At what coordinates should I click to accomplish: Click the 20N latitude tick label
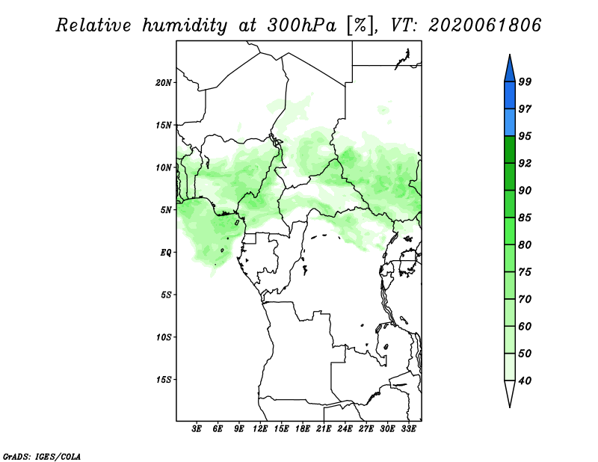164,83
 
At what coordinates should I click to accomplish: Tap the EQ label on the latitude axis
166,253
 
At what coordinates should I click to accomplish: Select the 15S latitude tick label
164,380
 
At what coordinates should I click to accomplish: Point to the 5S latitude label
166,295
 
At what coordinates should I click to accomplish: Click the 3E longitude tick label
197,429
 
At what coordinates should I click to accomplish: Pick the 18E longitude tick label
303,429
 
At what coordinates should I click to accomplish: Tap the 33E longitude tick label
408,429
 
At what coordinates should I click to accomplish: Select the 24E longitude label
345,429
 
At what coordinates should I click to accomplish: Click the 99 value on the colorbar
525,81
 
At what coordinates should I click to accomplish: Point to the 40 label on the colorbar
525,381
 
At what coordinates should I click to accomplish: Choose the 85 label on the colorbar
525,218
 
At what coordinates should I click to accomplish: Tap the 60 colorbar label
525,326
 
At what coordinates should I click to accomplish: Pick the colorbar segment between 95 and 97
510,123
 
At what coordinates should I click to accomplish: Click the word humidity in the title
185,25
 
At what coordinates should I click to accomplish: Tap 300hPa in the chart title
302,25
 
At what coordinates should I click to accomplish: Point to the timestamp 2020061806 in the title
484,25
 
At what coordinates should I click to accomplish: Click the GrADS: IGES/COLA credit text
42,457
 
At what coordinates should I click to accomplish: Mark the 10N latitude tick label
164,167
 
